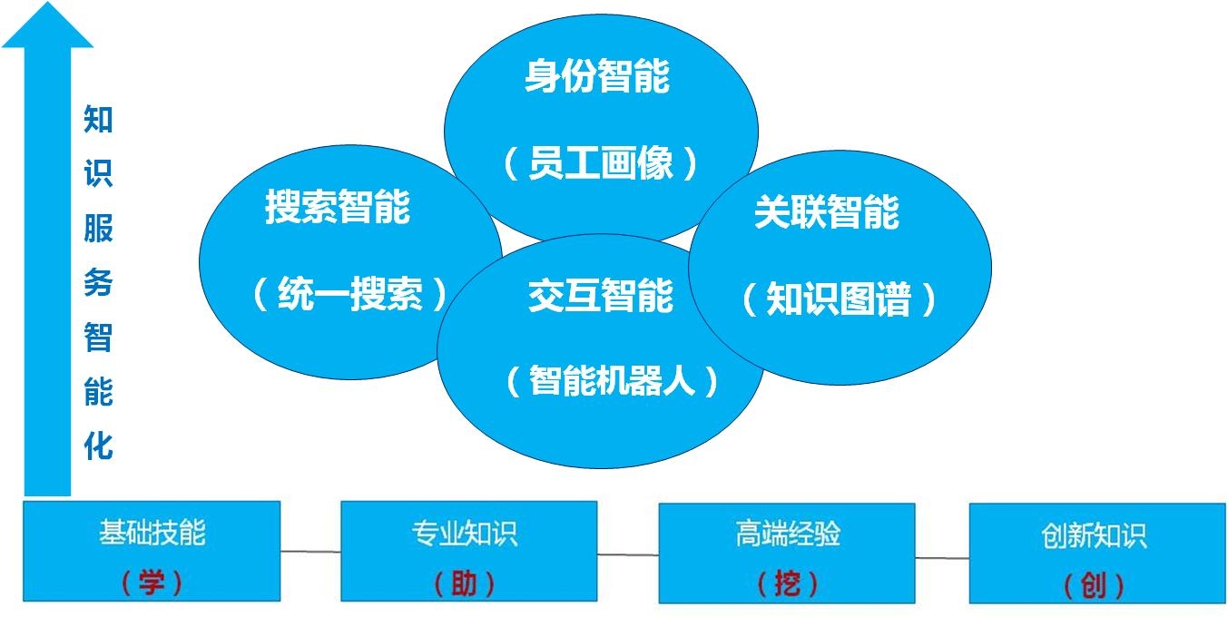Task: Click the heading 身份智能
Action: point(597,76)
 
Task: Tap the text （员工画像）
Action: point(600,162)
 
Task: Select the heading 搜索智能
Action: point(338,207)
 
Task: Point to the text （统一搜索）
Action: point(349,293)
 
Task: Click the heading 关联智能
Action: point(827,212)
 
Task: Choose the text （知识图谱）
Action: point(839,299)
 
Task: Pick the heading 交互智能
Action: point(600,296)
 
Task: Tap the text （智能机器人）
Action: point(612,380)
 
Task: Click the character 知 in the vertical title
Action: point(99,119)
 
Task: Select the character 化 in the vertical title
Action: point(99,446)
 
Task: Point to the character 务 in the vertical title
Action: point(99,282)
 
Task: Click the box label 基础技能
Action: point(152,532)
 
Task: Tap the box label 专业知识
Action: point(465,534)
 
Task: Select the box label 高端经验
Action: point(788,534)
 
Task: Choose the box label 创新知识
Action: point(1094,535)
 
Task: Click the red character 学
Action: point(152,582)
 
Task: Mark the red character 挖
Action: point(788,583)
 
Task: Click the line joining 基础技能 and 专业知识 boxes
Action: point(310,552)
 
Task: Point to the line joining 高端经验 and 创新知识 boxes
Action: point(942,558)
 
